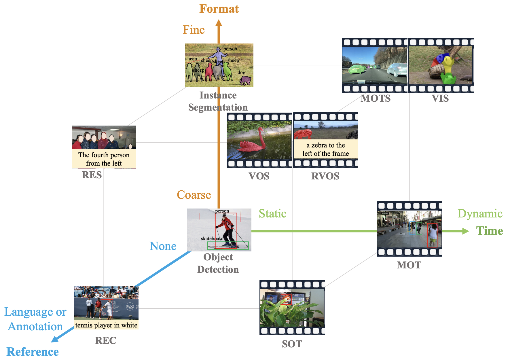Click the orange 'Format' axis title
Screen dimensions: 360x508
coord(219,9)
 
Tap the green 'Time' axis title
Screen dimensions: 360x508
coord(489,231)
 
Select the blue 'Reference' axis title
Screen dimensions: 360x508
coord(33,352)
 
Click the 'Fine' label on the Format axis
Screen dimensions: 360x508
coord(194,30)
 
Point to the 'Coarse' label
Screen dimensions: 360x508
coord(194,195)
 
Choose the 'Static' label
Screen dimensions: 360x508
coord(272,214)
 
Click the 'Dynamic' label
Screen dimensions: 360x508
coord(480,214)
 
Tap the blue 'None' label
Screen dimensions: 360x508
coord(163,246)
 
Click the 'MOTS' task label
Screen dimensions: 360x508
coord(376,98)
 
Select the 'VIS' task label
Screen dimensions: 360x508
coord(440,98)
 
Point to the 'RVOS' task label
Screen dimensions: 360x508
coord(325,176)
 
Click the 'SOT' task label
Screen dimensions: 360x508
coord(292,344)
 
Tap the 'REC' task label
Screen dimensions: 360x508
coord(106,340)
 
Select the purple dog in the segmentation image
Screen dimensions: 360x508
coord(245,80)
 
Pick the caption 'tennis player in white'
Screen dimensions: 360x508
coord(106,325)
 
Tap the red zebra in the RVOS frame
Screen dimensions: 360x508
coord(302,134)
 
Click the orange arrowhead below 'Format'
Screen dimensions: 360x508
coord(219,23)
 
